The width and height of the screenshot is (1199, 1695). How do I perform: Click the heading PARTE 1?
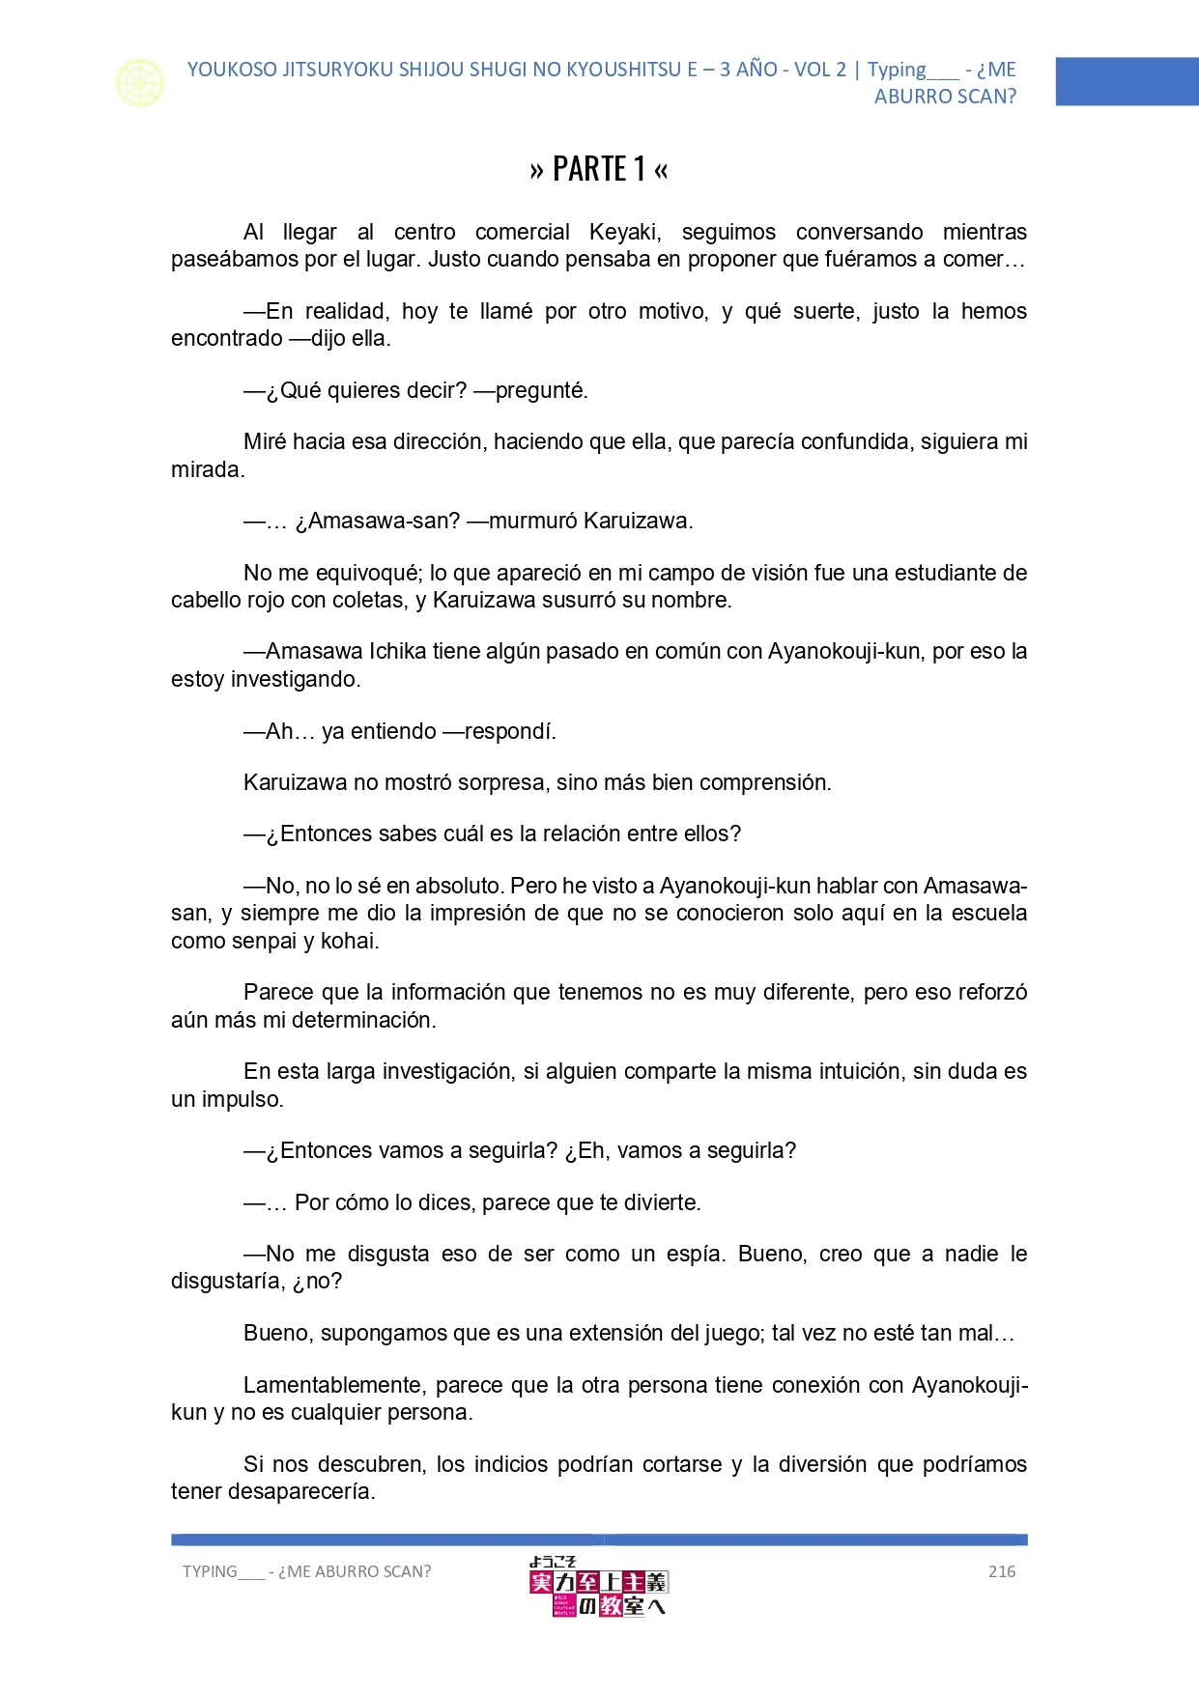[x=599, y=169]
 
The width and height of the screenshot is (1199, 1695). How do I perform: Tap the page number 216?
[x=1002, y=1571]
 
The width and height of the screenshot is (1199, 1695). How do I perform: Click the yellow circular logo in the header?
[x=140, y=83]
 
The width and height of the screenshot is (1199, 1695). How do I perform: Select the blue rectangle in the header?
[x=1127, y=81]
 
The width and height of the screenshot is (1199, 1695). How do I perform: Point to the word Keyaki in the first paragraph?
[x=624, y=232]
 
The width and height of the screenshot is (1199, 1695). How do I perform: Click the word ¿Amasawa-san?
[x=378, y=522]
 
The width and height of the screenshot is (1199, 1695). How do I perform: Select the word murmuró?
[x=533, y=522]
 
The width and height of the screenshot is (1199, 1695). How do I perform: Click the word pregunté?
[x=541, y=390]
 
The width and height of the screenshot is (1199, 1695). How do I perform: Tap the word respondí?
[x=510, y=731]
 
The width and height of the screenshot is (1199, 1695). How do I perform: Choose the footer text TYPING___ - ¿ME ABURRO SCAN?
[x=307, y=1571]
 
